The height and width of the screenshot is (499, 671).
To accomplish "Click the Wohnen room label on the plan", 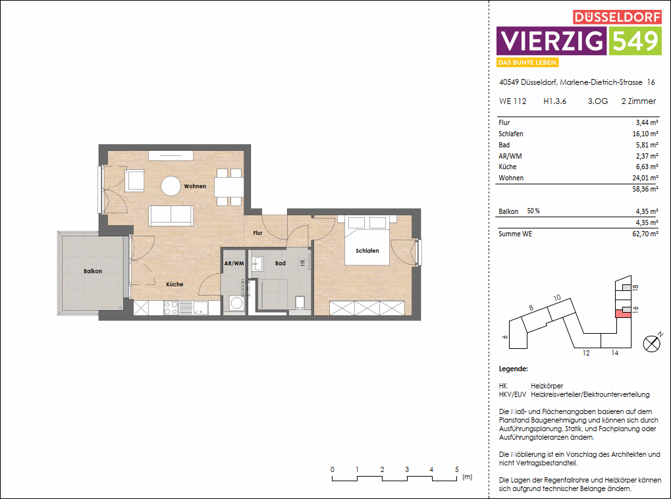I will [195, 186].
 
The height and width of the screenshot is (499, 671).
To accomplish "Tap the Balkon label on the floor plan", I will [92, 271].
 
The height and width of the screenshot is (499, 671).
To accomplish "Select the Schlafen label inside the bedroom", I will [367, 251].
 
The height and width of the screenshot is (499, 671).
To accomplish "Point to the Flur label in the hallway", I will [257, 232].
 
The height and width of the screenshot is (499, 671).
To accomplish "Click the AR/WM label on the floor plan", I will [234, 263].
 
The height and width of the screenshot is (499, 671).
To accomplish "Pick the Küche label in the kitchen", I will [174, 284].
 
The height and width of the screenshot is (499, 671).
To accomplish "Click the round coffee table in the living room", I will [172, 186].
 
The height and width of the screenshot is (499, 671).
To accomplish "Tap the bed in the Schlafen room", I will [367, 241].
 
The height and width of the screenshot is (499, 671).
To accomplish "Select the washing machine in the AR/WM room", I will [235, 304].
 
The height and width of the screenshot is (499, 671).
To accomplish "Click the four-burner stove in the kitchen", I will [170, 307].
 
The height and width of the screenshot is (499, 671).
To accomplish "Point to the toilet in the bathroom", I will [300, 302].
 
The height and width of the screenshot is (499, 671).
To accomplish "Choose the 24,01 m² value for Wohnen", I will [645, 178].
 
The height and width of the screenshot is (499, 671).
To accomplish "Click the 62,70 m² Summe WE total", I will [645, 234].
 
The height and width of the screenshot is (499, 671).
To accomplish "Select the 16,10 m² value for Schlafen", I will [645, 134].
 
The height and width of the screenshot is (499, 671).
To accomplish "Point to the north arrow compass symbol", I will [652, 342].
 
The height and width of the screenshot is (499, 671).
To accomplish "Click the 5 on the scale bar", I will [456, 469].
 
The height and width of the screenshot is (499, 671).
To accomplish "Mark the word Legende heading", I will [514, 369].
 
